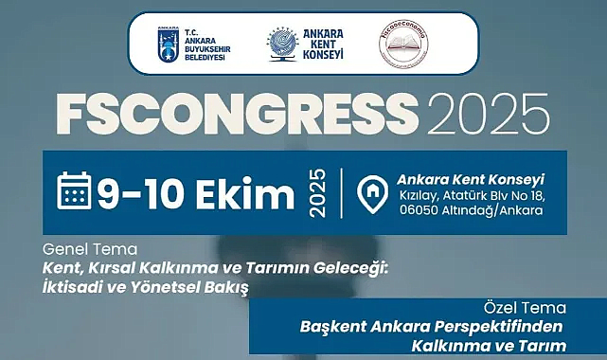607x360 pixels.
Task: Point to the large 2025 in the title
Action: pos(476,116)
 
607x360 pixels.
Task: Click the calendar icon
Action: pos(74,190)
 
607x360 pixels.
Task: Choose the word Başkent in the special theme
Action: pos(332,326)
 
